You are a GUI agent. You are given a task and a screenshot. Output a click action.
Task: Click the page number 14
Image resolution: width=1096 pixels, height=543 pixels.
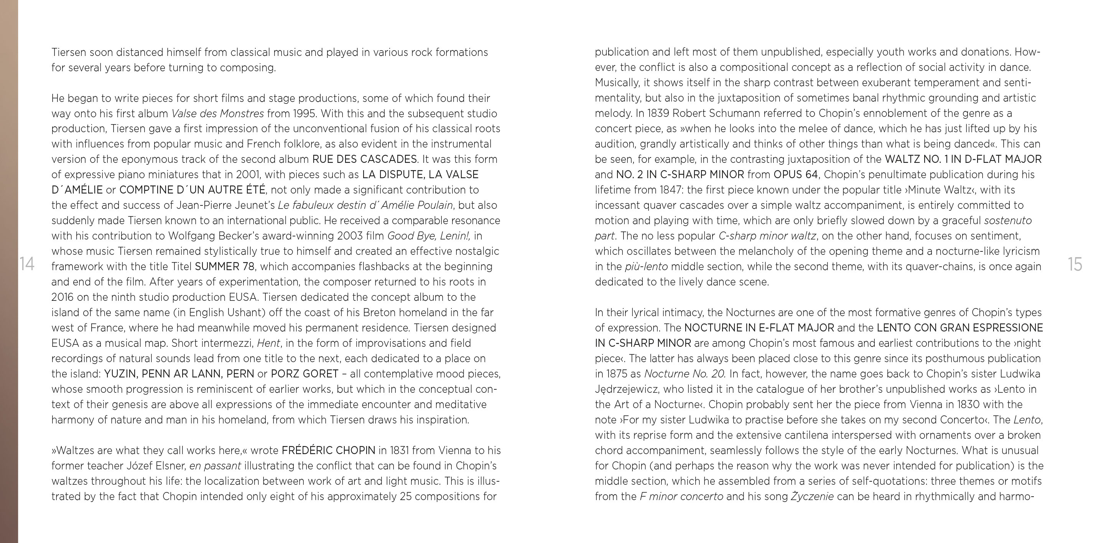coord(26,264)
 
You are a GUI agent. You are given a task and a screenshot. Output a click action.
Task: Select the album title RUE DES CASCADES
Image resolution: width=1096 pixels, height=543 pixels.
coord(364,159)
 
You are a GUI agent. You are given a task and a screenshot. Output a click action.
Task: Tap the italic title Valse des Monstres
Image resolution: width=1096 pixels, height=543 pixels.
coord(217,113)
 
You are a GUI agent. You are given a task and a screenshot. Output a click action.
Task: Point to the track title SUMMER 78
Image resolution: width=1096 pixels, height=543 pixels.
coord(225,267)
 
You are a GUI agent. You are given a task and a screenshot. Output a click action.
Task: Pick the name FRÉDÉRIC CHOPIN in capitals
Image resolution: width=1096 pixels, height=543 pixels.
coord(329,450)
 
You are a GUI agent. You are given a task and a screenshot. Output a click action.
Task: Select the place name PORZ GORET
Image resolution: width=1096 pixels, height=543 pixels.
coord(304,374)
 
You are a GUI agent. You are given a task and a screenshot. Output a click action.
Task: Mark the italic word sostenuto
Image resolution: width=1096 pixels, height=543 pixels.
coord(1008,221)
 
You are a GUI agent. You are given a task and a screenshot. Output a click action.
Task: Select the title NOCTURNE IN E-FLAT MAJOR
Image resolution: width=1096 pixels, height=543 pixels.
coord(759,328)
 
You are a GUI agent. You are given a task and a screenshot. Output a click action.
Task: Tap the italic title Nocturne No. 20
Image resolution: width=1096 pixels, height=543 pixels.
coord(685,374)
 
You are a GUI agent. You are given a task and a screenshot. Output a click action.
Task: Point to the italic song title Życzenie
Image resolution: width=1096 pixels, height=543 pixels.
coord(812,496)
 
